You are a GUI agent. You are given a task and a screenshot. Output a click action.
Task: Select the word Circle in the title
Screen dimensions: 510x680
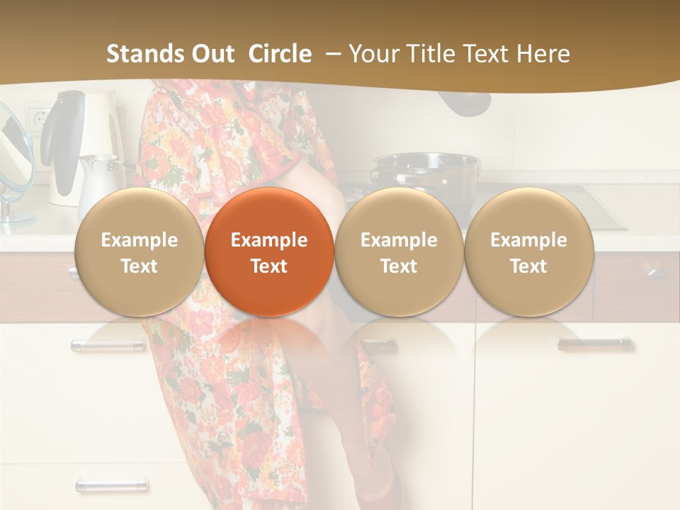click(279, 54)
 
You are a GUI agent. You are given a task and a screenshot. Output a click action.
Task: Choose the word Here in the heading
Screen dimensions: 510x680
click(543, 54)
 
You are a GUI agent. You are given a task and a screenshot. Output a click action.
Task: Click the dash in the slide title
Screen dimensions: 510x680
click(331, 54)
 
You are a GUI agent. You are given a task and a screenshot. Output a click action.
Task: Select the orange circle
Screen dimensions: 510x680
click(268, 252)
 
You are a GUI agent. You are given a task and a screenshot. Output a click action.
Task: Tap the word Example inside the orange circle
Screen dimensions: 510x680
click(268, 240)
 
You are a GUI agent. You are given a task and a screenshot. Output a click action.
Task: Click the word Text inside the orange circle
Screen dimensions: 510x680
click(268, 266)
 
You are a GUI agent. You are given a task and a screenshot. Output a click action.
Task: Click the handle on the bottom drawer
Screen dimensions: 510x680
click(112, 485)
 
